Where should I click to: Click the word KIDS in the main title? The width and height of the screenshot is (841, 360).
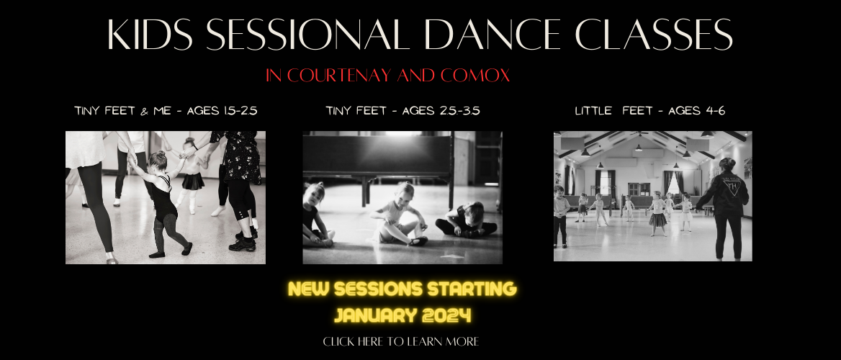(150, 35)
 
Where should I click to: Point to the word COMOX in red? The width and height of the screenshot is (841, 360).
(475, 76)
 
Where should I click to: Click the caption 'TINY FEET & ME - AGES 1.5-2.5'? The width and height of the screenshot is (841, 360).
(166, 111)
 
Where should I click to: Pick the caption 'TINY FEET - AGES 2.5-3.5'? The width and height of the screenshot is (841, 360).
(402, 111)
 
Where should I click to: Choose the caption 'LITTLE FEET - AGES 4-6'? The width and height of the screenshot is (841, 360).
(650, 111)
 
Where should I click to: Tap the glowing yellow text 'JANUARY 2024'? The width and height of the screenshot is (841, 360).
(402, 315)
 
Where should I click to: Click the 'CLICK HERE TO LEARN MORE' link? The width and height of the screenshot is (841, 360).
(400, 342)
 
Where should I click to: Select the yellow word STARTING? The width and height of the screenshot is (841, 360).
(472, 289)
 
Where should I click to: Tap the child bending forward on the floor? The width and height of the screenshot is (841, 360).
(466, 220)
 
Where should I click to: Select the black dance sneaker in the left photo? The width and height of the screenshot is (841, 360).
(243, 245)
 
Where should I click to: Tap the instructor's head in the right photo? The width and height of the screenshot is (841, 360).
(727, 164)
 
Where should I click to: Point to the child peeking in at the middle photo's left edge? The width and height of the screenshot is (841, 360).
(315, 215)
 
